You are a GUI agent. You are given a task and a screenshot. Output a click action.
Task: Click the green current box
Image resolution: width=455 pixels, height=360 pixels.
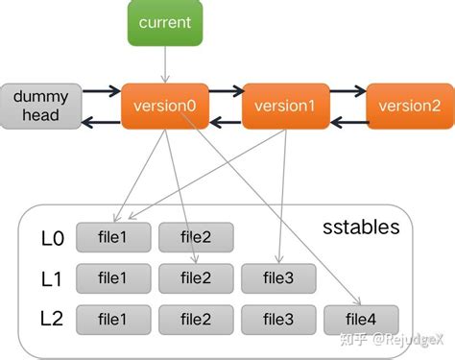(x=165, y=22)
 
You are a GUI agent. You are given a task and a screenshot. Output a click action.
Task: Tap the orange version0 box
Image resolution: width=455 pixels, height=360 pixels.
(x=164, y=106)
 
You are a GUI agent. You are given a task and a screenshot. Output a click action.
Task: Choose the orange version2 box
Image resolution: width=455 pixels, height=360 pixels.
(x=410, y=106)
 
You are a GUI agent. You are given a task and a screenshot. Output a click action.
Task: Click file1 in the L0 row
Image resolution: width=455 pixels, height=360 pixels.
(x=112, y=236)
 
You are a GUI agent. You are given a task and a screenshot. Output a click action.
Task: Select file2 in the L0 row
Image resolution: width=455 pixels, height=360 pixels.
(x=195, y=236)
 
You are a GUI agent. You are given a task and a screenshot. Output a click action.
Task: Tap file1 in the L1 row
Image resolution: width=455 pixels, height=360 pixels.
(x=112, y=277)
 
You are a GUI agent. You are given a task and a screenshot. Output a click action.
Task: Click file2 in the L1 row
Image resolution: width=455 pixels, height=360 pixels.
(x=195, y=277)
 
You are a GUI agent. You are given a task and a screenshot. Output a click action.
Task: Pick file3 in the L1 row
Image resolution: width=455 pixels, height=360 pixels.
(x=278, y=277)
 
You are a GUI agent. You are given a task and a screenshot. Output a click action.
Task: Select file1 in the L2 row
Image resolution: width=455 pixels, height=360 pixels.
(x=112, y=318)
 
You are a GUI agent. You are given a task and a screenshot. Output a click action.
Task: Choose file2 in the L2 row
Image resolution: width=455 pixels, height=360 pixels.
(x=195, y=318)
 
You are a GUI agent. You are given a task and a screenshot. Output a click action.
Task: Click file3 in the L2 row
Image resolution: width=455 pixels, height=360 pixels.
(x=278, y=318)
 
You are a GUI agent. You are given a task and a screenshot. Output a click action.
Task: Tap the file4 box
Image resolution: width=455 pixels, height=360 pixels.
(x=362, y=318)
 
